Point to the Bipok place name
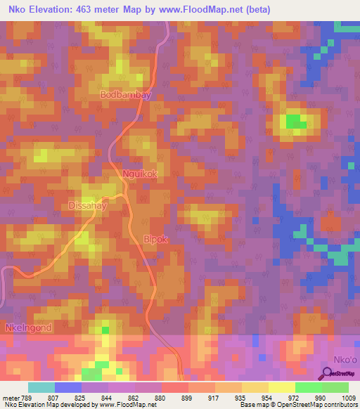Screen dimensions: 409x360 156,239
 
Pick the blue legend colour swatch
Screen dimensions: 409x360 67,387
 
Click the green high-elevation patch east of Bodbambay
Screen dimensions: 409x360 295,122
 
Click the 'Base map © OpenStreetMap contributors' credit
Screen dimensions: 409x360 297,405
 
